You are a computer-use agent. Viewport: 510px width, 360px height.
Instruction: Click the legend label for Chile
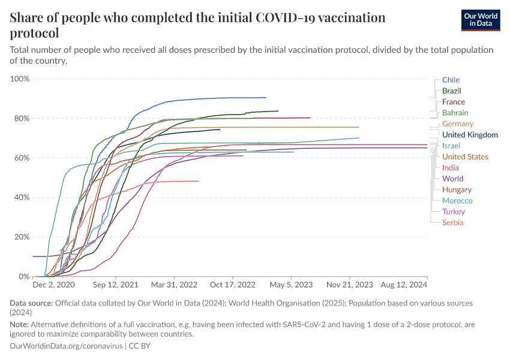[451, 80]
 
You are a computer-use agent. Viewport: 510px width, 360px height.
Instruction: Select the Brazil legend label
[451, 91]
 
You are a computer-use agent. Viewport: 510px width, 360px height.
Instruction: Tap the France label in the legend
[453, 102]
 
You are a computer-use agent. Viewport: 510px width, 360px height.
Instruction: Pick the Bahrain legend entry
[455, 113]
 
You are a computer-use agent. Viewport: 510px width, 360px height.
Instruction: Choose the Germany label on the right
[457, 124]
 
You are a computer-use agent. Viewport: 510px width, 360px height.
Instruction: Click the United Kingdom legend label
[470, 135]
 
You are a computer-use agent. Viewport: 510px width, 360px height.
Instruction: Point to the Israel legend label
[451, 146]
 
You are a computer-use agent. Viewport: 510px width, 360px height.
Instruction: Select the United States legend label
[465, 157]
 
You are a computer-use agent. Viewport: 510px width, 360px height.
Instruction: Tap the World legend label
[452, 179]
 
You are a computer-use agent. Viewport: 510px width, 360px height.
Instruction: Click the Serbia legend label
[452, 223]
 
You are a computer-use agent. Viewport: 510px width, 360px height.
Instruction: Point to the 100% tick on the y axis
[20, 79]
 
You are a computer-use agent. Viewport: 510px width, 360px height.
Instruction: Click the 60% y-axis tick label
[22, 158]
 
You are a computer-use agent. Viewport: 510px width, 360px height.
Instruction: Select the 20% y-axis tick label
[22, 237]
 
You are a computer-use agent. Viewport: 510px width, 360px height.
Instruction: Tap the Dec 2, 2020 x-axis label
[53, 284]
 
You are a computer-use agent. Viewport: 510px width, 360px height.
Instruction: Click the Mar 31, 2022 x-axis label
[174, 284]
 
